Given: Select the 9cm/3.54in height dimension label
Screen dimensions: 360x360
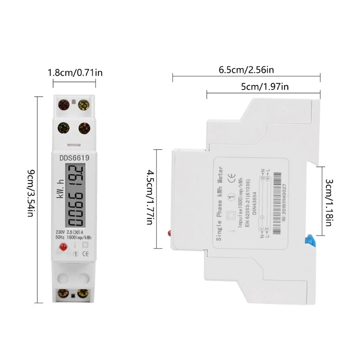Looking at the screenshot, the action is coord(30,198).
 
